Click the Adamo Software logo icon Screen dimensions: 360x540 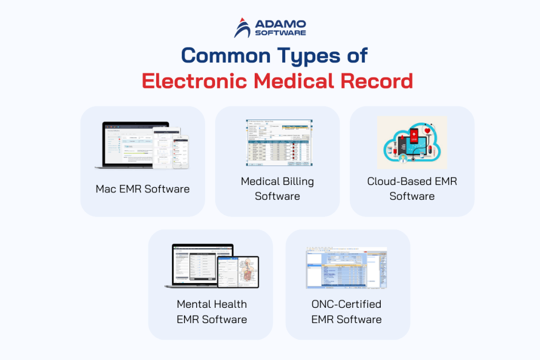point(243,28)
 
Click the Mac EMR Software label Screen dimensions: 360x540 point(142,189)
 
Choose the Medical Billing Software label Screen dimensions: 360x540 point(277,189)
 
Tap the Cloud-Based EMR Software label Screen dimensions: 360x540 point(412,189)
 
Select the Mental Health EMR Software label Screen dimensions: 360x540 point(211,312)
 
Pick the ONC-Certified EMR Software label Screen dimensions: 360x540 point(346,312)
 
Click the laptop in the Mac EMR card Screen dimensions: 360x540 point(132,145)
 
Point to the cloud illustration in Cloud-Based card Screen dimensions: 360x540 point(412,143)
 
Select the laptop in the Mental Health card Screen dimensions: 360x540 point(200,266)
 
